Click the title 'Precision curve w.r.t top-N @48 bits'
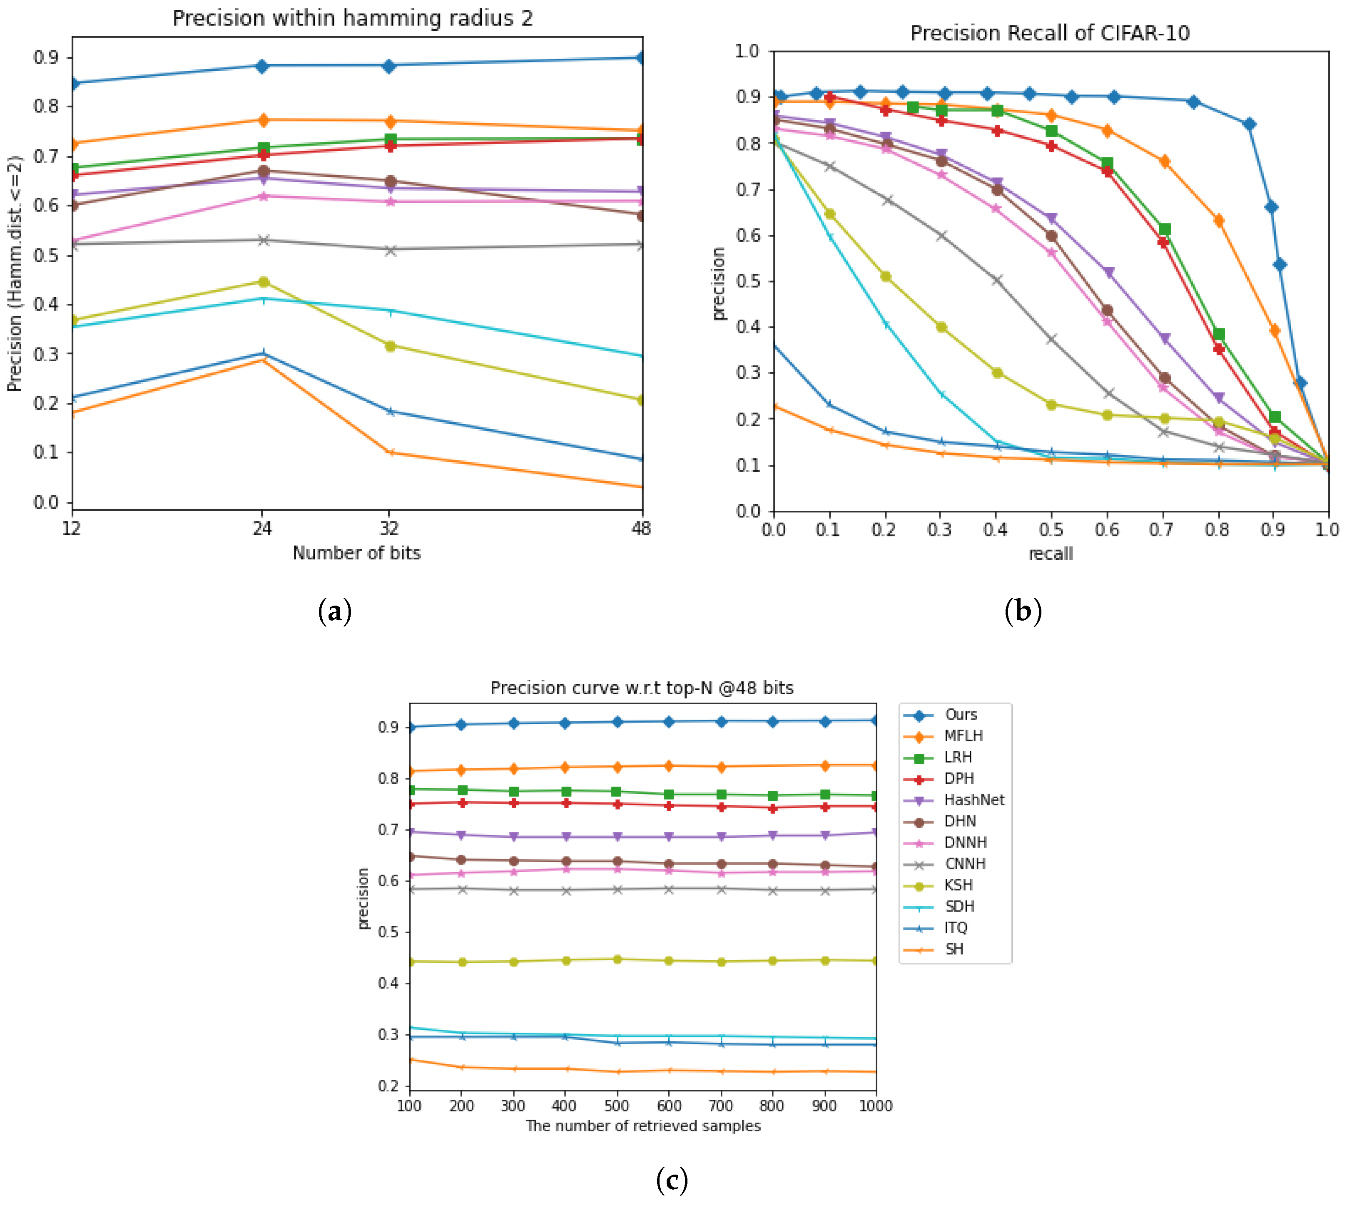(641, 688)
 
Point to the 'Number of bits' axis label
(356, 553)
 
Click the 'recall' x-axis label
(1050, 554)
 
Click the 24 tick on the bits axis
(262, 528)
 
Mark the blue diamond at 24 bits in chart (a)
(262, 65)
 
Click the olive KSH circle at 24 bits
(263, 282)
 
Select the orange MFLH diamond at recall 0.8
(1218, 221)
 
